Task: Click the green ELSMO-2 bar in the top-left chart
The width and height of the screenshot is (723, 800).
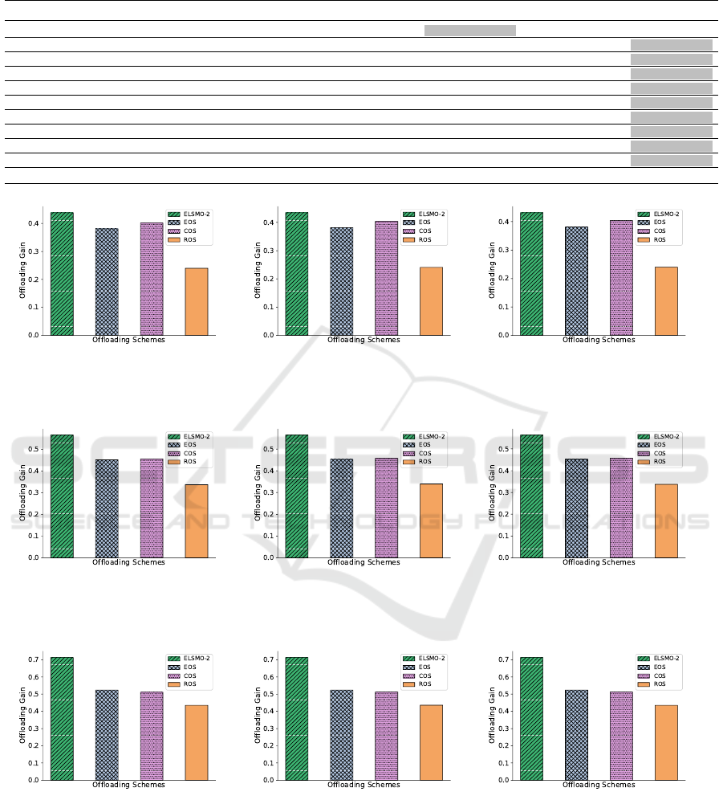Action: tap(62, 273)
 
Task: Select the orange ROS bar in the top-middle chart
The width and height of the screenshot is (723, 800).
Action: tap(431, 301)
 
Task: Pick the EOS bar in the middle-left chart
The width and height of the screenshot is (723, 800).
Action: tap(107, 508)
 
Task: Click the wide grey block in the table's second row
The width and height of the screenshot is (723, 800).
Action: tap(469, 31)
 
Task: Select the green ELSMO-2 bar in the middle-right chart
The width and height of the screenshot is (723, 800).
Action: tap(532, 496)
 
